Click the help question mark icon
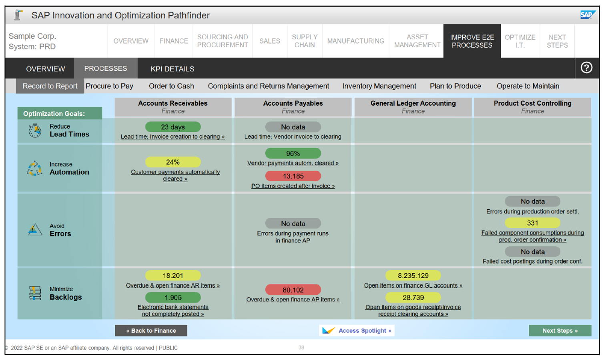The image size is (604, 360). [x=586, y=68]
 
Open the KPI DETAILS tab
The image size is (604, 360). [x=172, y=69]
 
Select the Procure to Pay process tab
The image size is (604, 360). [x=109, y=86]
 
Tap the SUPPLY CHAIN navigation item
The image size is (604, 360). [x=305, y=41]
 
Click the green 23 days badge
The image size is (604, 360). [x=173, y=127]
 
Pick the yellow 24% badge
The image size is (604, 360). [x=173, y=162]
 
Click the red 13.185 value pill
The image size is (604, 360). [x=293, y=176]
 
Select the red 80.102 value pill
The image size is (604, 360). [x=293, y=290]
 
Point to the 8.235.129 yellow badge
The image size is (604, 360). [x=413, y=276]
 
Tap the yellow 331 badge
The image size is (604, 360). [x=532, y=223]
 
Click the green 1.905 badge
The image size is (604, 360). [x=173, y=298]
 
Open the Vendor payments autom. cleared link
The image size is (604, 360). [x=293, y=163]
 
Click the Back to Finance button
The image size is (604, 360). [x=151, y=331]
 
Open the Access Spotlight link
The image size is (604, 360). [x=357, y=331]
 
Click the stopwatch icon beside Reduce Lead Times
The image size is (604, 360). [x=35, y=131]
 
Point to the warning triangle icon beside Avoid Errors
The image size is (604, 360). [x=35, y=230]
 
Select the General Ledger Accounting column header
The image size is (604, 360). [x=413, y=107]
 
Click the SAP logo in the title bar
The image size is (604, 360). [x=587, y=15]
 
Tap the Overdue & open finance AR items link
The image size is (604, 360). [x=173, y=286]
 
